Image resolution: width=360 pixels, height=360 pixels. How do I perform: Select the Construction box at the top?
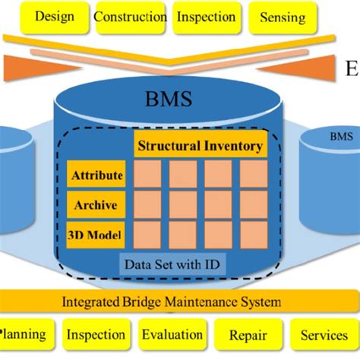(130, 16)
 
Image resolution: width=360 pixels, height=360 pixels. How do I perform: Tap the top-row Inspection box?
(205, 16)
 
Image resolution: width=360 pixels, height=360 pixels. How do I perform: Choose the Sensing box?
(282, 16)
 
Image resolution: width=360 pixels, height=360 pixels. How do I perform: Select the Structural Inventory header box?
(200, 146)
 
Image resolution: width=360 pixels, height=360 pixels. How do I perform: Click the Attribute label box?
(96, 176)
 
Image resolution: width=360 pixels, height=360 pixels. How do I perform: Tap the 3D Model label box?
(96, 234)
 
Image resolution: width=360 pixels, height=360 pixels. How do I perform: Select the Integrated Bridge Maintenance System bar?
(179, 302)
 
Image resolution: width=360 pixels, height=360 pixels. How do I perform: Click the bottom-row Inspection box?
(96, 335)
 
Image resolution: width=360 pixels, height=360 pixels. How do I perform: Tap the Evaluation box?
(172, 335)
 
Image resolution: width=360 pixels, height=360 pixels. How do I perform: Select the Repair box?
(248, 335)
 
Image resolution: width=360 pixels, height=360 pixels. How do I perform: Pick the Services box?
(324, 335)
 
